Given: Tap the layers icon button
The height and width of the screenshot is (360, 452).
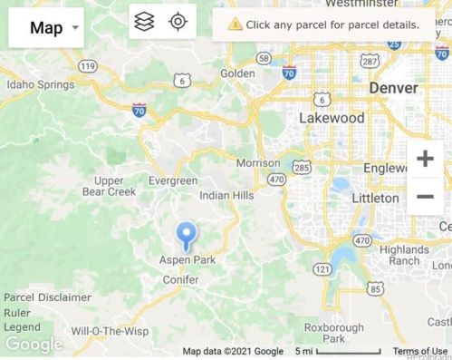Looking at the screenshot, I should coord(144,22).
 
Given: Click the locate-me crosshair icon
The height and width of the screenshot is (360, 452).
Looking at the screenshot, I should coord(178,22).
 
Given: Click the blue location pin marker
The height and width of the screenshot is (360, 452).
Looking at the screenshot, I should coord(186,235).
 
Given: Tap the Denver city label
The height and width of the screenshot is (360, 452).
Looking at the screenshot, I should coord(393,88).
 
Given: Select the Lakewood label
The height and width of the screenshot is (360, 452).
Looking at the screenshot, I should coord(332,118).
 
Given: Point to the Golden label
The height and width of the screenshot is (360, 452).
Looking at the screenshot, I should coord(237,73).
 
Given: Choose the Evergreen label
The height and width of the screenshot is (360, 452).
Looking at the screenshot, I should coord(172,180).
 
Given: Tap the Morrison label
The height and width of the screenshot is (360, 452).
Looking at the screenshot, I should coord(258,163).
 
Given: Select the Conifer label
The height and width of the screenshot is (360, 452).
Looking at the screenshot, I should coord(180,279).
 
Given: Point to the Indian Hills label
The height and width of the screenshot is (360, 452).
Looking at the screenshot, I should coord(226,195).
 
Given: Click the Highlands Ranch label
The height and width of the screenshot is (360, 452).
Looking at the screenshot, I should coord(405,255).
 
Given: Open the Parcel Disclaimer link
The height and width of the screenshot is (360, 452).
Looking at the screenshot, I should coord(47,297).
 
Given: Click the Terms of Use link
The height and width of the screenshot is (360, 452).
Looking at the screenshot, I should coord(419,351).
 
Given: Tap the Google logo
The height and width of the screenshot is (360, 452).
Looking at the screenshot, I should coord(34,345).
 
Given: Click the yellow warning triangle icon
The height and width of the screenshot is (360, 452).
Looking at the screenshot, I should coord(236,24).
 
